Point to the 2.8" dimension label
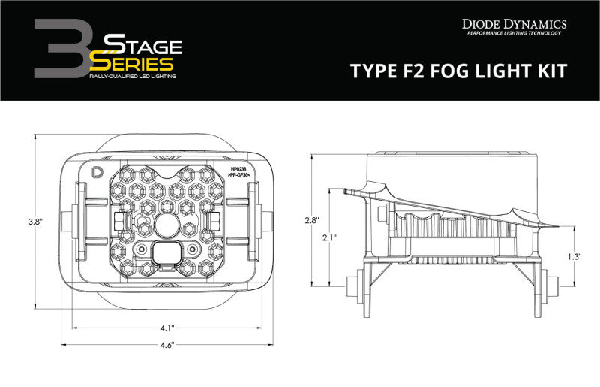[312, 221]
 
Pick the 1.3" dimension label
[574, 256]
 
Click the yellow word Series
[134, 65]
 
